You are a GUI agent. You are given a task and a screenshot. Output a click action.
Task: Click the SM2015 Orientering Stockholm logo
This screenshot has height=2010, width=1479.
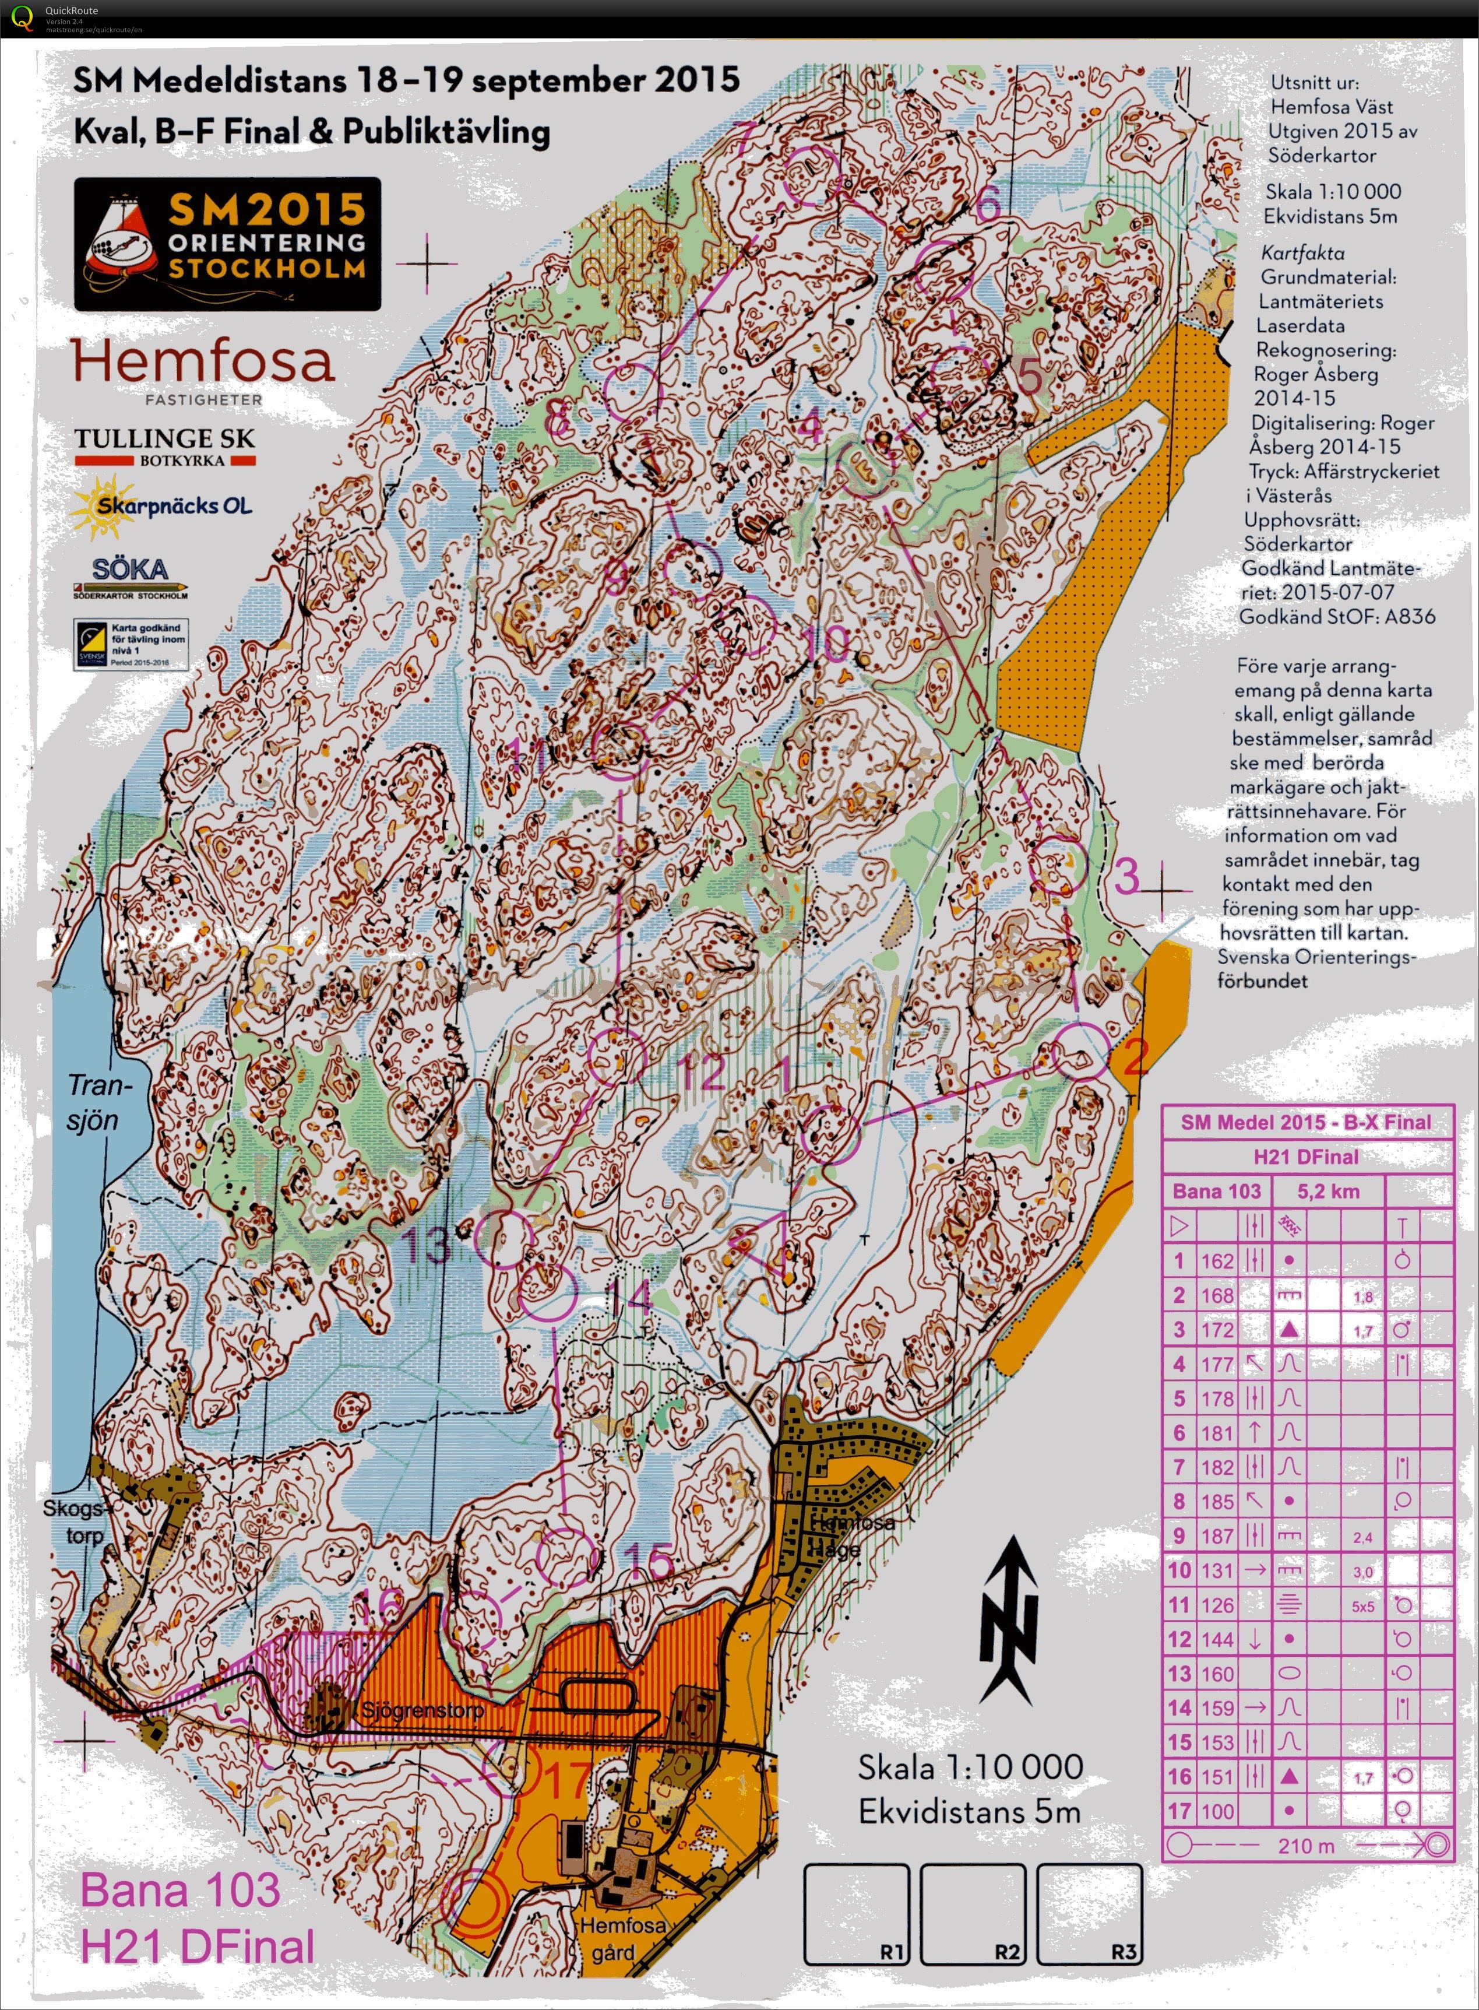click(x=227, y=244)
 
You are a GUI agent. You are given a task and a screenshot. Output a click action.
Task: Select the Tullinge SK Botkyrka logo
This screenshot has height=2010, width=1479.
click(x=165, y=446)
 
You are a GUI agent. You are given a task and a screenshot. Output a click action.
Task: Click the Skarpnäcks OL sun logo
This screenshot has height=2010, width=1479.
click(x=161, y=507)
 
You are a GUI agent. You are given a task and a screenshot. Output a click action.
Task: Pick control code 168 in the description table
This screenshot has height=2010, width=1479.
click(x=1217, y=1295)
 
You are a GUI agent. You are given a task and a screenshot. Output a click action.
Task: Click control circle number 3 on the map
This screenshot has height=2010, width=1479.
click(x=1057, y=866)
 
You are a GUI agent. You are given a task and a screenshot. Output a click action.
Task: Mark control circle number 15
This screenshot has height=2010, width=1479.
click(x=566, y=1556)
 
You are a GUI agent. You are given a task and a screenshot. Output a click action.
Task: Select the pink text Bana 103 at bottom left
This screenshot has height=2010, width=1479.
click(x=180, y=1889)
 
